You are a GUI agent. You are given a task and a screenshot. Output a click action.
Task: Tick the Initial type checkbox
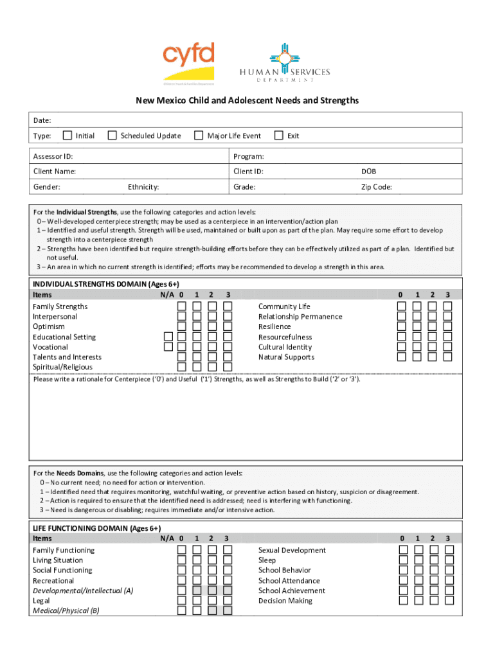click(x=66, y=136)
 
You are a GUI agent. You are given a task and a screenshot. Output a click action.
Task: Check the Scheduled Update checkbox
click(x=112, y=136)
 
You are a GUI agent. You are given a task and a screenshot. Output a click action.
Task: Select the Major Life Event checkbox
click(x=199, y=136)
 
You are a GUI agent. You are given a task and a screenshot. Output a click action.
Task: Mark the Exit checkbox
click(x=278, y=136)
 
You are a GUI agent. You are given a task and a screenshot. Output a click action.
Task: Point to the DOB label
click(x=368, y=172)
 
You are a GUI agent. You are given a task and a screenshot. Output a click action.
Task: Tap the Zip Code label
click(x=376, y=187)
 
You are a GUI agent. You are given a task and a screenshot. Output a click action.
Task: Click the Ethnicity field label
click(x=143, y=187)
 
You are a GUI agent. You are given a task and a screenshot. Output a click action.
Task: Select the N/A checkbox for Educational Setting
click(x=168, y=337)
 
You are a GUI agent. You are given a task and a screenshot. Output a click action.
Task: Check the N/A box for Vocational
click(x=168, y=347)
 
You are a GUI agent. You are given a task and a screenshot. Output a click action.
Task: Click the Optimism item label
click(x=49, y=326)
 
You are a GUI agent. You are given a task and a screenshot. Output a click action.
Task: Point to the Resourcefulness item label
click(x=285, y=337)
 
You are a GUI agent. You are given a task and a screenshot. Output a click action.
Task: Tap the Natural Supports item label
click(x=286, y=357)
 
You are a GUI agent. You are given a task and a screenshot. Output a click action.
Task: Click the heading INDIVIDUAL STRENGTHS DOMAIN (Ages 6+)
click(x=106, y=284)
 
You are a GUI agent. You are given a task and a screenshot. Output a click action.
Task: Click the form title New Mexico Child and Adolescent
click(x=247, y=101)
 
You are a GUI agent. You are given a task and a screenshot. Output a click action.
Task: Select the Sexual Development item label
click(x=292, y=550)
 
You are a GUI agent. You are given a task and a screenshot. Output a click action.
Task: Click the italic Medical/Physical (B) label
click(x=66, y=611)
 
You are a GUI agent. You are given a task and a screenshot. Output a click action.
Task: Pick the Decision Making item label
click(x=285, y=601)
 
